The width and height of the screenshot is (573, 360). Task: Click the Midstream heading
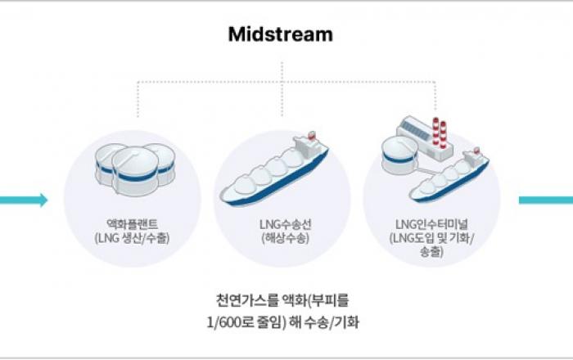tap(281, 34)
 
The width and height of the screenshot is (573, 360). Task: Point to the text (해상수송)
tap(281, 238)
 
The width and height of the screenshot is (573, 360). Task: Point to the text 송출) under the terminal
tap(431, 253)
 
